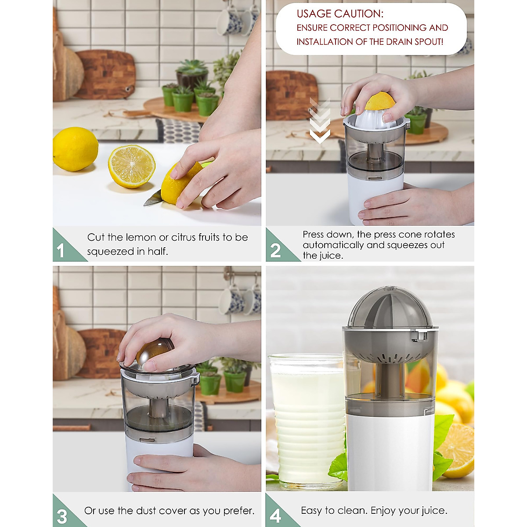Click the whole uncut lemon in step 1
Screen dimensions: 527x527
pos(75,149)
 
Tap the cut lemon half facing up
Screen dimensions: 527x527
pos(131,166)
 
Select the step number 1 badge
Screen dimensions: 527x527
pos(61,251)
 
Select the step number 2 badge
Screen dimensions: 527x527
pos(275,251)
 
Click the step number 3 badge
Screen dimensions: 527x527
pos(62,516)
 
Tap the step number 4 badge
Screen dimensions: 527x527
pos(275,516)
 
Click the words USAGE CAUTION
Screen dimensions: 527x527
pos(339,14)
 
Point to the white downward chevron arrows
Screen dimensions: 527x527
pos(319,121)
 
